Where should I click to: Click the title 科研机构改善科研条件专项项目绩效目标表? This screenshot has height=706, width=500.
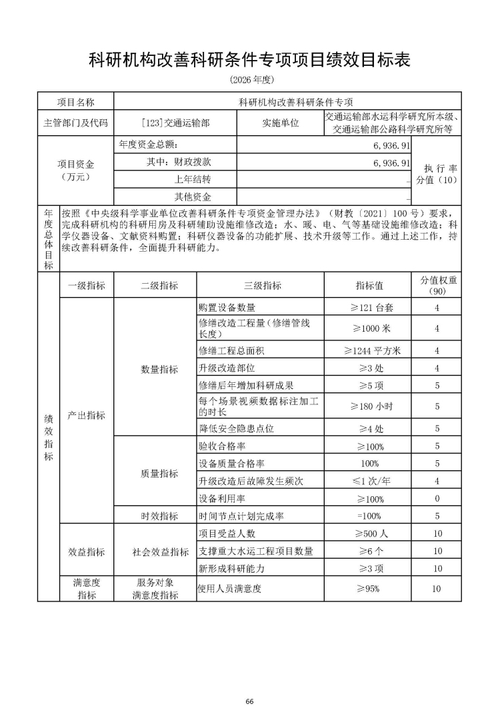coord(249,60)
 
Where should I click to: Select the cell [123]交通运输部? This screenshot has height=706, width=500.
coord(175,123)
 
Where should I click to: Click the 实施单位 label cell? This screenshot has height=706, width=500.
coord(280,123)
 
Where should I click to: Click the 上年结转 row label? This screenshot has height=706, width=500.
coord(193,180)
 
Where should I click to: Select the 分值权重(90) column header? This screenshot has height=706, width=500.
coord(436,286)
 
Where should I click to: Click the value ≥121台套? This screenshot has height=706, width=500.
coord(367,308)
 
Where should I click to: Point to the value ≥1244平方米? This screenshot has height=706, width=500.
coord(367,350)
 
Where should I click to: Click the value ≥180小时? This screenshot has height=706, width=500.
coord(367,406)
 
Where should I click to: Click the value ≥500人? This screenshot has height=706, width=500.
coord(367,533)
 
